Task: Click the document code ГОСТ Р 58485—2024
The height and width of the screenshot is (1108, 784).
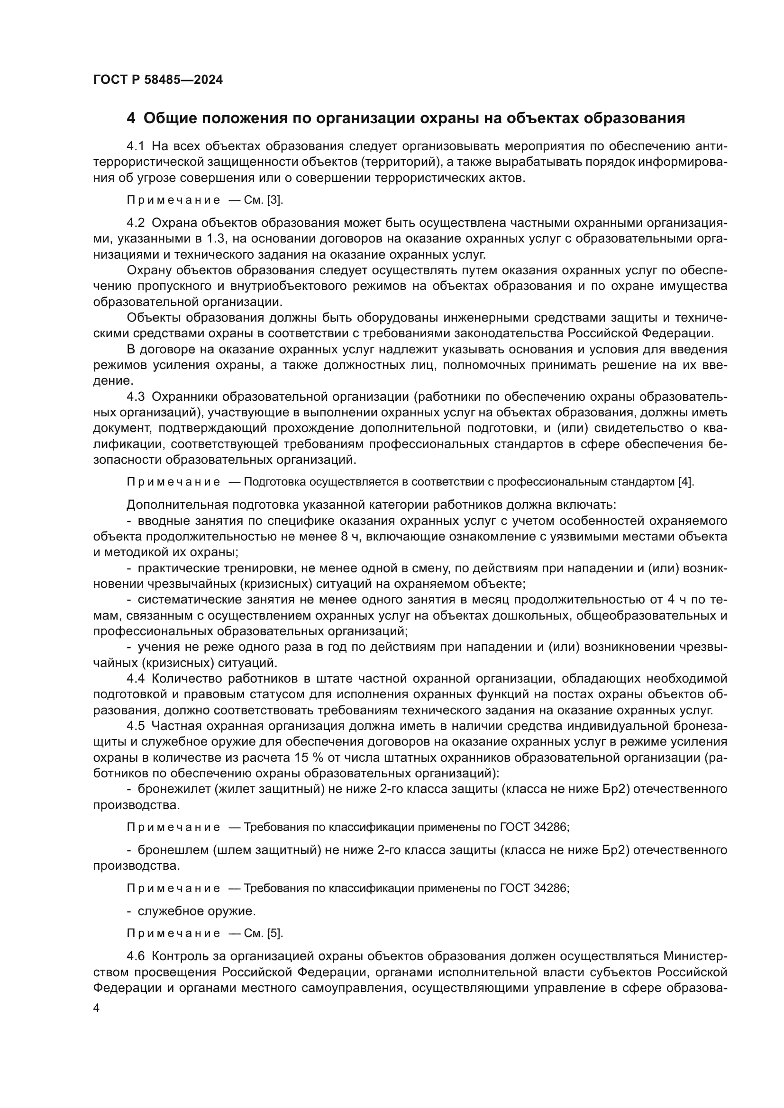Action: click(x=158, y=80)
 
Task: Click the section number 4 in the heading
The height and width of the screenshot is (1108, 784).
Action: click(x=130, y=118)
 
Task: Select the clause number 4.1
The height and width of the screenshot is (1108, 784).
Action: click(x=135, y=146)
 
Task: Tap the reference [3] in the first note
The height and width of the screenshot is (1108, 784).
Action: click(x=275, y=200)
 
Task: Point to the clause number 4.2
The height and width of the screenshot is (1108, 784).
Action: click(x=135, y=223)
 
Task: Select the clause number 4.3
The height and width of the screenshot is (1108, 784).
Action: click(x=135, y=396)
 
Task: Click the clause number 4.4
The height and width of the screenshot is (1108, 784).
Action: click(x=135, y=679)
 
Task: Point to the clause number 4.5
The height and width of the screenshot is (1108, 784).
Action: click(x=135, y=726)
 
